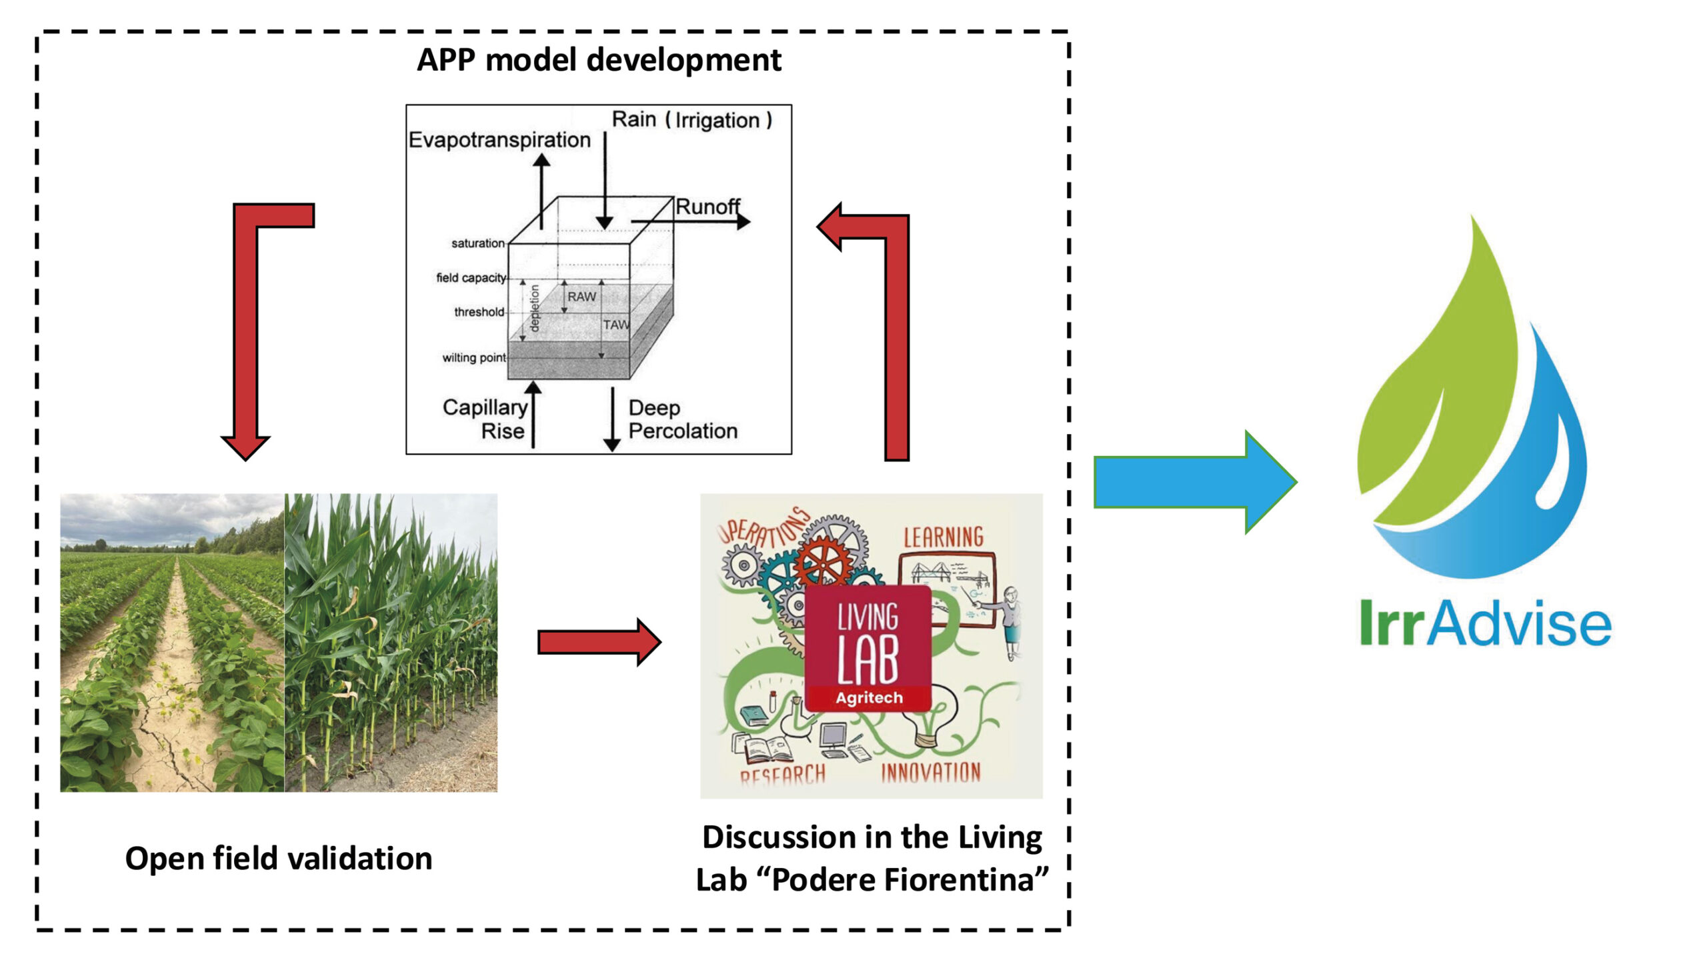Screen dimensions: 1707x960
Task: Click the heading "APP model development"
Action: pyautogui.click(x=599, y=61)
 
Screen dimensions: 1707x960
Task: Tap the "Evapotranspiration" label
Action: pyautogui.click(x=499, y=140)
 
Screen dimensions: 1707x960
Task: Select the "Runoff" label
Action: pyautogui.click(x=708, y=207)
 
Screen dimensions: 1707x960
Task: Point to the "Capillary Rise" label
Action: pyautogui.click(x=485, y=419)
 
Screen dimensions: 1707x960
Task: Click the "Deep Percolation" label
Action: pyautogui.click(x=683, y=419)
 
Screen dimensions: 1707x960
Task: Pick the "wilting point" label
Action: pyautogui.click(x=474, y=358)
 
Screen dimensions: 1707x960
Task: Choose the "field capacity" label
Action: pyautogui.click(x=471, y=278)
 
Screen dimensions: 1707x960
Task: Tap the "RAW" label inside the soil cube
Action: pyautogui.click(x=581, y=297)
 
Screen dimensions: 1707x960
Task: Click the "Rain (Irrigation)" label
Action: pyautogui.click(x=692, y=120)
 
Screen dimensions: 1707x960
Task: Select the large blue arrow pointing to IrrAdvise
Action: pyautogui.click(x=1195, y=481)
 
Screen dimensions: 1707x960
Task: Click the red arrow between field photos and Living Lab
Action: pyautogui.click(x=599, y=642)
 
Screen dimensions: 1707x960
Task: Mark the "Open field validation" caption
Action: pyautogui.click(x=279, y=859)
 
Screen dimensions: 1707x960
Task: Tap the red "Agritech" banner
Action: pyautogui.click(x=869, y=698)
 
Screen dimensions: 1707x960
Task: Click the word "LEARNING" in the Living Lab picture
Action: pyautogui.click(x=944, y=537)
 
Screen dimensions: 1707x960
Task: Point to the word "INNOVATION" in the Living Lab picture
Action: pyautogui.click(x=931, y=773)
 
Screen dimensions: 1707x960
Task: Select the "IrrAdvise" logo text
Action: pyautogui.click(x=1486, y=623)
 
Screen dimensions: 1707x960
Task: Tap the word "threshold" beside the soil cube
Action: pyautogui.click(x=479, y=312)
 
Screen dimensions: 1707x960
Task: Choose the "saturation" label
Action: pyautogui.click(x=477, y=243)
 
